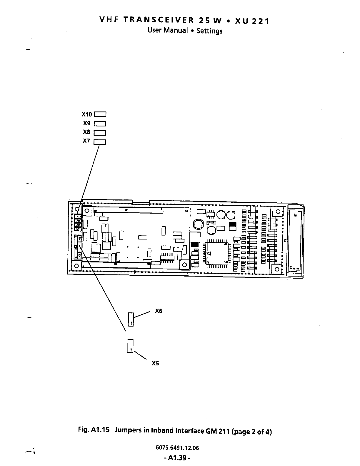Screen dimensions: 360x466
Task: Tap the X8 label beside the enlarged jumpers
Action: pyautogui.click(x=86, y=132)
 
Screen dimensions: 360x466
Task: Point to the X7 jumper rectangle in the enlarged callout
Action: pyautogui.click(x=100, y=142)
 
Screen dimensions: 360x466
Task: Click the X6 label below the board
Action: pyautogui.click(x=159, y=311)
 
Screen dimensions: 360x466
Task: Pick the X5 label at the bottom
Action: pyautogui.click(x=155, y=363)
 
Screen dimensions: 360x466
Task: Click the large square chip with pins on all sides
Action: pyautogui.click(x=217, y=253)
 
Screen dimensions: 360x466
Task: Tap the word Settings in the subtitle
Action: pyautogui.click(x=209, y=31)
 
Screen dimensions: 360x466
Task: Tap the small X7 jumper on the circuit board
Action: pyautogui.click(x=78, y=229)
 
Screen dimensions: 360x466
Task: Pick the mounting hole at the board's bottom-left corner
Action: pyautogui.click(x=76, y=266)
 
